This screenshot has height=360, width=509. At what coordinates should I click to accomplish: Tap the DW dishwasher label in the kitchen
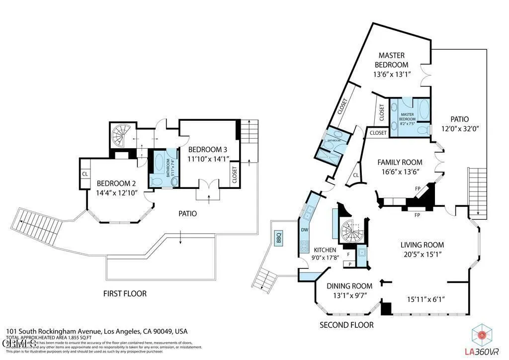304,230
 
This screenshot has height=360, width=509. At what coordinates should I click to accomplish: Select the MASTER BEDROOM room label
391,60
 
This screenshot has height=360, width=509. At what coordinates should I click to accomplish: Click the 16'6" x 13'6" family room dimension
400,172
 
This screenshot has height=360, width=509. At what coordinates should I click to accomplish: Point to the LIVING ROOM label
423,245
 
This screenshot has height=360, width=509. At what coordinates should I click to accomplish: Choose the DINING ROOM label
349,286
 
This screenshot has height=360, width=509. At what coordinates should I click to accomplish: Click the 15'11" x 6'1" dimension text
425,299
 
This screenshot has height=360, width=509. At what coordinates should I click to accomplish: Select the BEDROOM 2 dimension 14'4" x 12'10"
117,192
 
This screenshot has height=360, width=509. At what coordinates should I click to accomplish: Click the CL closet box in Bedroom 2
85,174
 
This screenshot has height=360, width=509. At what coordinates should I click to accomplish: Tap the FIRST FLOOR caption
125,293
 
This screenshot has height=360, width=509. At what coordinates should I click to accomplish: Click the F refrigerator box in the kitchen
348,254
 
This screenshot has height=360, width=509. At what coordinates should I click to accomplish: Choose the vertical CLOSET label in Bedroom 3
234,175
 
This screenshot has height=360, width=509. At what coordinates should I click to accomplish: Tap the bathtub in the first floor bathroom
160,162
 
